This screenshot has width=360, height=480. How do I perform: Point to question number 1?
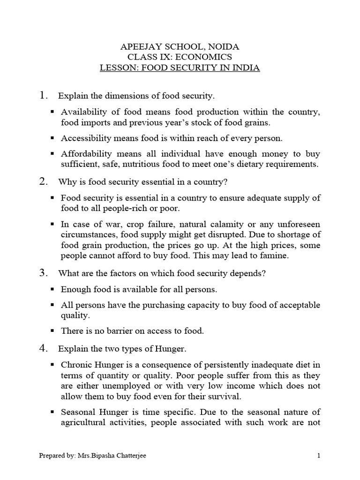click(44, 96)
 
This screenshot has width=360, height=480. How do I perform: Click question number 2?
click(44, 181)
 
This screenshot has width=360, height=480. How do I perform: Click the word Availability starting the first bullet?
click(85, 112)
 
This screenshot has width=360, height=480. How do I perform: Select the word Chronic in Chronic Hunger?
click(75, 365)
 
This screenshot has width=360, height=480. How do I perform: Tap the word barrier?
click(112, 331)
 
